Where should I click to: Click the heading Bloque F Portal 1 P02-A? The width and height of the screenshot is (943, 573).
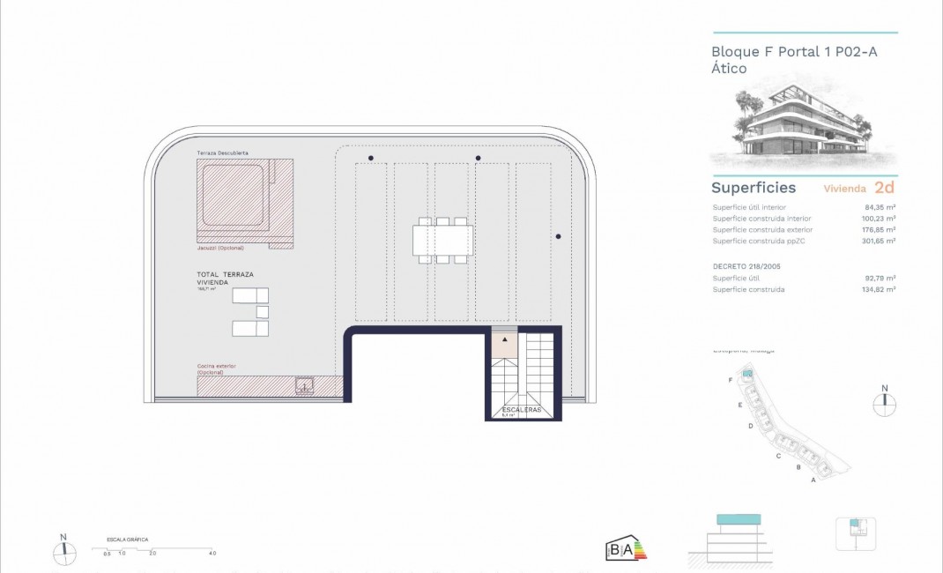pos(794,52)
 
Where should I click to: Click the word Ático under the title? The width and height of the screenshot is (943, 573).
pos(729,69)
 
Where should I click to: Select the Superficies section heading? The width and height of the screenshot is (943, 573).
pos(754,188)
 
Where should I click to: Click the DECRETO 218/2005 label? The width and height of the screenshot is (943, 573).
pos(746,265)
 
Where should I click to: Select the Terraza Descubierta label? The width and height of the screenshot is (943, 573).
pos(221,153)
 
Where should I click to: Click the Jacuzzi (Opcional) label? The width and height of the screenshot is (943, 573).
pos(220,248)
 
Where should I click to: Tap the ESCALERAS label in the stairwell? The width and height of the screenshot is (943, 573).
pos(522,410)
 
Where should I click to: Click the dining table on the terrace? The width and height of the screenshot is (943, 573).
pos(442,240)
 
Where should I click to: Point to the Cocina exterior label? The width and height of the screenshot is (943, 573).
pos(217,366)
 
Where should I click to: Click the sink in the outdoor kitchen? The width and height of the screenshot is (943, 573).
pos(305,385)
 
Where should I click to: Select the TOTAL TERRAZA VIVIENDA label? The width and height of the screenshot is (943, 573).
pos(225,278)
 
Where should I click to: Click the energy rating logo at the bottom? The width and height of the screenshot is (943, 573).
pos(626,549)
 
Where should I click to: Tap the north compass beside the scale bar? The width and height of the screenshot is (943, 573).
pos(63,552)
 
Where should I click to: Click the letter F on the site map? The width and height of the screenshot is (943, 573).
pos(731,379)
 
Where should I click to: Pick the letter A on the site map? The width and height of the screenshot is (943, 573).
pos(813,480)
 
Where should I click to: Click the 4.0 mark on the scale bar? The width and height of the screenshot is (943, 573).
pos(212,554)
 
